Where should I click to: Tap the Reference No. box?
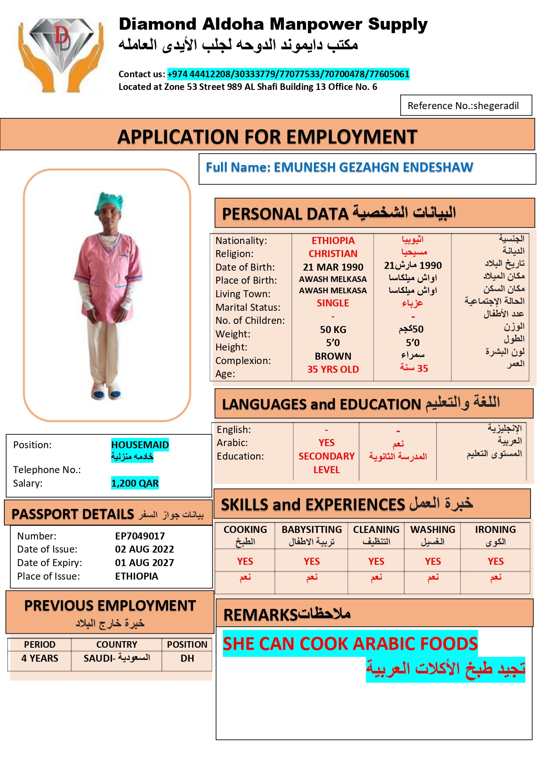point(466,106)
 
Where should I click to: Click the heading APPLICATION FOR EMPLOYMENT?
point(267,137)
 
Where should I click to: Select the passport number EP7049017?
point(140,536)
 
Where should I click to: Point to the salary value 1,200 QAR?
point(135,483)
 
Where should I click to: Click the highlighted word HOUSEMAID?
point(140,445)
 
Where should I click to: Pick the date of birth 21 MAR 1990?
point(333,267)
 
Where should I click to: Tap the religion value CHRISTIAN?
point(333,254)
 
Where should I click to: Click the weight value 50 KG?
point(333,330)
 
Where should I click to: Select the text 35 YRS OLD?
point(333,369)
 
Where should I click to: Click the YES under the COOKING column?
point(245,561)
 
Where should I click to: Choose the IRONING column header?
point(495,529)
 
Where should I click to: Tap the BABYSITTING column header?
point(312,529)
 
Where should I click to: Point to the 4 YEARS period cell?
point(40,658)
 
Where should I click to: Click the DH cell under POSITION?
point(187,658)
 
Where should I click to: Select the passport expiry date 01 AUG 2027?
point(144,563)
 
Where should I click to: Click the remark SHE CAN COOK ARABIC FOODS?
point(350,644)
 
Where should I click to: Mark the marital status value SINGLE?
point(333,303)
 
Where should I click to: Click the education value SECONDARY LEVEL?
point(327,463)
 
